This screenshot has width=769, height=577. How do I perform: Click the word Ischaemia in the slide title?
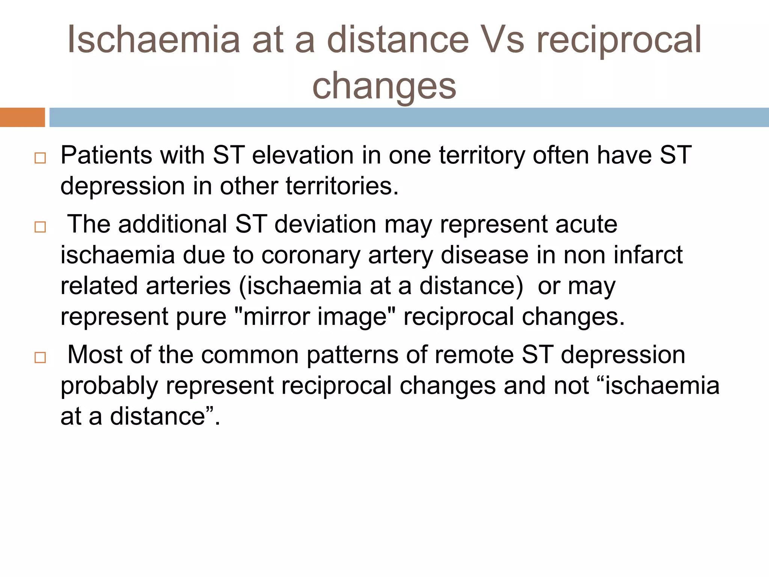[153, 39]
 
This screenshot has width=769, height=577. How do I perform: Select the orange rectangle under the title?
[22, 117]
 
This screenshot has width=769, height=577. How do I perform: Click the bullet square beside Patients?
[40, 158]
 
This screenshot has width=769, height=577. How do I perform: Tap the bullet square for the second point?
[40, 227]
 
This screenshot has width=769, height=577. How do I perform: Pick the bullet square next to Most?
[40, 357]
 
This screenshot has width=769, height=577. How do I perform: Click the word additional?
[173, 224]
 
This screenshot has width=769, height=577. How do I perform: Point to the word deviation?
[325, 224]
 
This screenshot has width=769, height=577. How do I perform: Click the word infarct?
[648, 255]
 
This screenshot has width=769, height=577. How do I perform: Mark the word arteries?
[188, 286]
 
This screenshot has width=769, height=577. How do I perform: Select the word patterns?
[352, 355]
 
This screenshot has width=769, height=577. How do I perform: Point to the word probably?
[109, 386]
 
